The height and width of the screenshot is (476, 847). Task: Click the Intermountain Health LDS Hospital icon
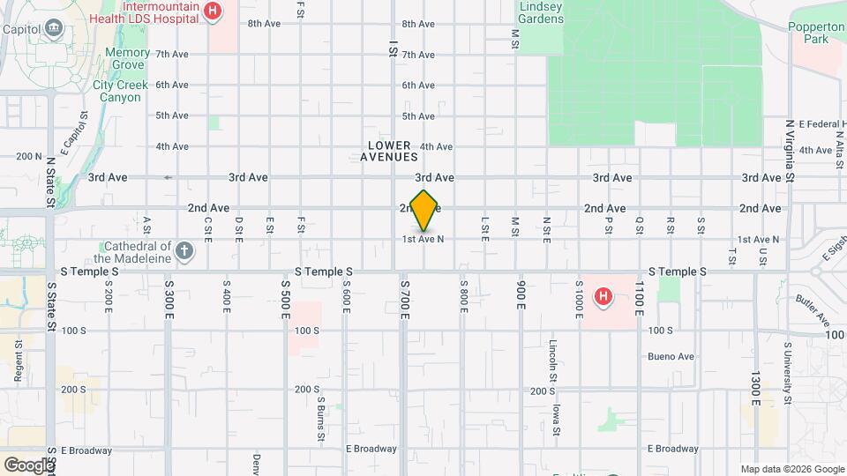coord(212,11)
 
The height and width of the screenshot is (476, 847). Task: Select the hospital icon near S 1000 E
coord(603,296)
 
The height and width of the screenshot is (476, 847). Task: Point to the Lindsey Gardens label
coord(541,12)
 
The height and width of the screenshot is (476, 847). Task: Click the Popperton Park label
coord(816,33)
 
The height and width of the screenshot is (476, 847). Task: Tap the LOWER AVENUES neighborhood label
coord(388,151)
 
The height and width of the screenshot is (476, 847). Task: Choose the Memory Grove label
coord(127,59)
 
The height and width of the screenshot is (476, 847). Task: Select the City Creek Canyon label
coord(116,91)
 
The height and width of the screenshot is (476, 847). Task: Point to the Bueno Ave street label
coord(671,357)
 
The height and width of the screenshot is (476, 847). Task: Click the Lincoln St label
coord(553,361)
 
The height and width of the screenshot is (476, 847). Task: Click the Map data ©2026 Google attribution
coord(791,469)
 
